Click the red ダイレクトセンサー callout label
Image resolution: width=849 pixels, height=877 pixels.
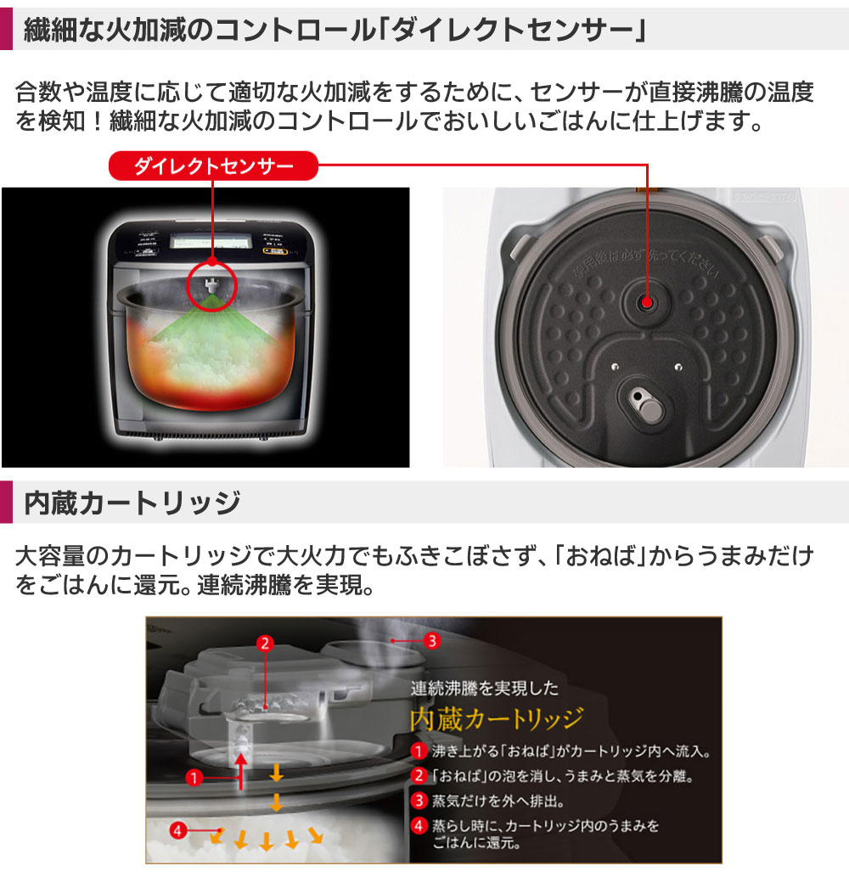click(x=213, y=166)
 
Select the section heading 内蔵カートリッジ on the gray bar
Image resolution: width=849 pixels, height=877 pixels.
click(x=132, y=502)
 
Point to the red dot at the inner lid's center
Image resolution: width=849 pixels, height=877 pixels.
click(x=647, y=301)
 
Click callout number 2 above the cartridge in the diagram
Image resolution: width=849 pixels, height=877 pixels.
click(x=265, y=643)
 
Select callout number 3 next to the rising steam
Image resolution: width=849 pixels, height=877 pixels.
click(x=432, y=641)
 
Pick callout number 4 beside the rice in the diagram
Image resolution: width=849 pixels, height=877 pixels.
click(x=177, y=831)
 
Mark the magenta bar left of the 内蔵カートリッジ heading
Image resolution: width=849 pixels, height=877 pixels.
click(x=6, y=502)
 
